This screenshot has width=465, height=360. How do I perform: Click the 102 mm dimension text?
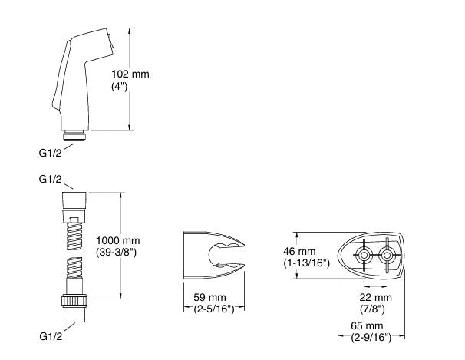(130, 74)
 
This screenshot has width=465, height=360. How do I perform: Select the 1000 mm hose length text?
(118, 240)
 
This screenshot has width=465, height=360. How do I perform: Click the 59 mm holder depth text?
(209, 297)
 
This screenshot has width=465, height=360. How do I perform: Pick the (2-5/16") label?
(214, 309)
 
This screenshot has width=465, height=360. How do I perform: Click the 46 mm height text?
(299, 252)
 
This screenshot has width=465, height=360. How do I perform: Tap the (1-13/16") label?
(307, 263)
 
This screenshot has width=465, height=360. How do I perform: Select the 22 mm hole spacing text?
(376, 297)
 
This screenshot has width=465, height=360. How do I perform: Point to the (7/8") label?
(372, 309)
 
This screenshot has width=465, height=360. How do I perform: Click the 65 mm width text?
(367, 325)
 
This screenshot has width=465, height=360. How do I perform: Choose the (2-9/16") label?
(371, 338)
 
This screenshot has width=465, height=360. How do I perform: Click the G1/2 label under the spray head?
(51, 153)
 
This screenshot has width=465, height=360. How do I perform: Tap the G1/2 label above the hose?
(51, 179)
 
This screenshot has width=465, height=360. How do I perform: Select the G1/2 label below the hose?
(51, 336)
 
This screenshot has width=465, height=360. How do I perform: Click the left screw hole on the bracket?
(364, 256)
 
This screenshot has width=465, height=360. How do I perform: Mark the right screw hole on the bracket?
(387, 256)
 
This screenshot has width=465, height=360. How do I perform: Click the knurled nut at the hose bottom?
(74, 300)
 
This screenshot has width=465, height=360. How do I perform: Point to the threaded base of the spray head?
(74, 136)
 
